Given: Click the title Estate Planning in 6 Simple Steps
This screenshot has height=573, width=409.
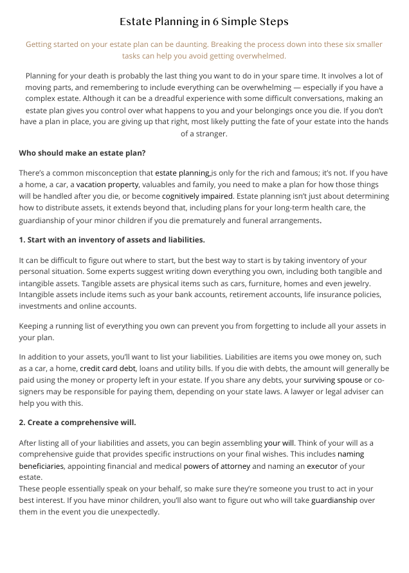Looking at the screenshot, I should point(204,22).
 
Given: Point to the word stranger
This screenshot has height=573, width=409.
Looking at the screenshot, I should point(212,134).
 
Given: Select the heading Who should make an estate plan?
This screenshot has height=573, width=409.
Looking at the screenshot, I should point(82,153).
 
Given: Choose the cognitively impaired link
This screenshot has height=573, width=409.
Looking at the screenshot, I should point(197,196).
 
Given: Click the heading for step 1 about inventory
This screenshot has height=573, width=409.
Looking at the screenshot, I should point(112,240).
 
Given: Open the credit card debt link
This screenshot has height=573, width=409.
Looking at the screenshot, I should point(107,368).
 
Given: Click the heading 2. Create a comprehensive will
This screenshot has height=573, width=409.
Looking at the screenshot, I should point(77,423).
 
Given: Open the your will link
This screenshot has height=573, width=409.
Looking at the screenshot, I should point(279,443).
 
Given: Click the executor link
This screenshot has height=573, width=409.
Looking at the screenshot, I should point(322,466).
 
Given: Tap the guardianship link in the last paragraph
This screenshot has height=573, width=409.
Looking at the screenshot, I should point(334,500).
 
